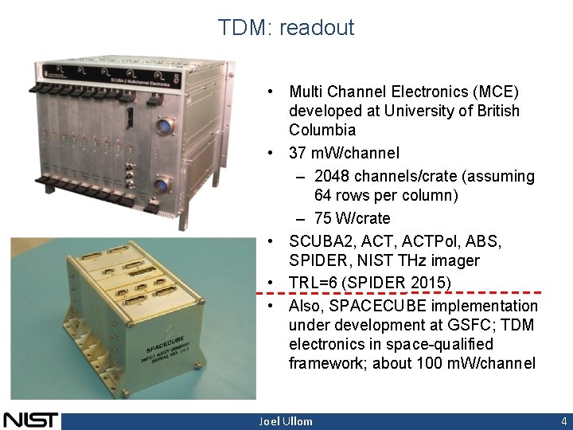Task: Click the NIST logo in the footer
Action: click(30, 420)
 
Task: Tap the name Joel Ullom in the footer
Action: click(286, 421)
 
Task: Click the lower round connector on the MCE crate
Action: click(162, 186)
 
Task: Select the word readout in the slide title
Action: click(317, 28)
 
